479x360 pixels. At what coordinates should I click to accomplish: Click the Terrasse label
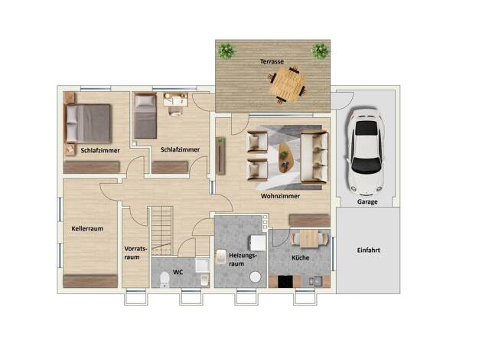coord(272,61)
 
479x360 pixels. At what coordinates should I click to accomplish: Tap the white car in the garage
coord(366,152)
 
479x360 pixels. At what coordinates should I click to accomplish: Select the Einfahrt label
coord(368,250)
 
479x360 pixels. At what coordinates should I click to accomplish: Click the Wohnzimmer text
coord(280,196)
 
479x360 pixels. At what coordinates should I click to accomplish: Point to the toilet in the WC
coord(165,279)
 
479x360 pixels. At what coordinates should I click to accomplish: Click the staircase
coord(161,231)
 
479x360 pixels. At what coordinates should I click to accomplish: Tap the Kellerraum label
coord(87,228)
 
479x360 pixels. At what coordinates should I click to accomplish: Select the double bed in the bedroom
coord(87,123)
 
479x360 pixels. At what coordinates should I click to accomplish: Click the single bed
coord(145,116)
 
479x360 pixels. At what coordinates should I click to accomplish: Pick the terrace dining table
coord(287,85)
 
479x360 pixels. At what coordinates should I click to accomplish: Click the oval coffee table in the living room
coord(285,158)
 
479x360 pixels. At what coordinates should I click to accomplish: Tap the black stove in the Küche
coord(285,282)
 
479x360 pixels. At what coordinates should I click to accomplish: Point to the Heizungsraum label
coord(243,259)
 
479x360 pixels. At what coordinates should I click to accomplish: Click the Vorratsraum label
coord(135,253)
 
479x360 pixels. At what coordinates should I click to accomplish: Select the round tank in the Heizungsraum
coord(256,277)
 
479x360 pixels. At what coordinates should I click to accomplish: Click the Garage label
coord(367,202)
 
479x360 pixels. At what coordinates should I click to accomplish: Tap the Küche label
coord(300,258)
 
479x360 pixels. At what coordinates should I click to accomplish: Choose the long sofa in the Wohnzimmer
coord(314,156)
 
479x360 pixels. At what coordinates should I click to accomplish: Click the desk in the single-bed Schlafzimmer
coord(175,100)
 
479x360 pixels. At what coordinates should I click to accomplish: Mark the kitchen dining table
coord(309,238)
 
